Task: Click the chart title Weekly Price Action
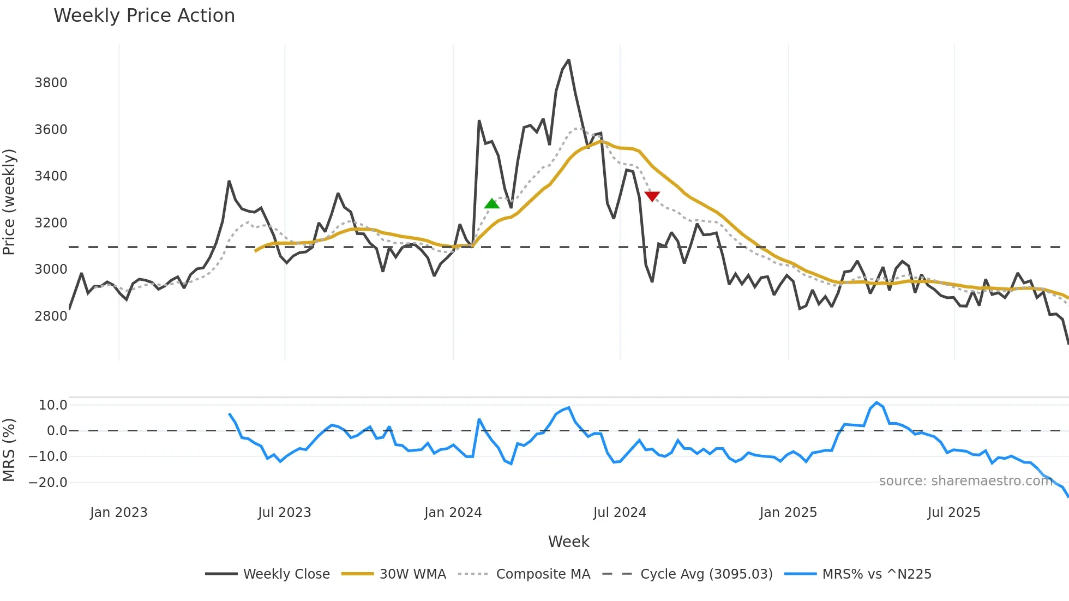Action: (x=144, y=16)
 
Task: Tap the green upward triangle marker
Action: (x=491, y=204)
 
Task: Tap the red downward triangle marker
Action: (x=652, y=196)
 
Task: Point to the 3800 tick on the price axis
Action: (x=51, y=83)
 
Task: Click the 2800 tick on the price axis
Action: (x=51, y=316)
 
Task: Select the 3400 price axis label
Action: (x=51, y=176)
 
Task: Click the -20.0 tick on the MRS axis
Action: (x=48, y=483)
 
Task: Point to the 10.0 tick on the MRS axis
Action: (x=52, y=405)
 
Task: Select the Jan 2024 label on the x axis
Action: (x=453, y=513)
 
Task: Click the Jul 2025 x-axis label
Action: (x=953, y=513)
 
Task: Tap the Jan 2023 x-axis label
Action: (x=118, y=513)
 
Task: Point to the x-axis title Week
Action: (x=568, y=542)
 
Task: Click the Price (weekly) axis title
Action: (x=9, y=202)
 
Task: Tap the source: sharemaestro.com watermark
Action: (x=965, y=481)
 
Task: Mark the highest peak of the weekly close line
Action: (x=569, y=60)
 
